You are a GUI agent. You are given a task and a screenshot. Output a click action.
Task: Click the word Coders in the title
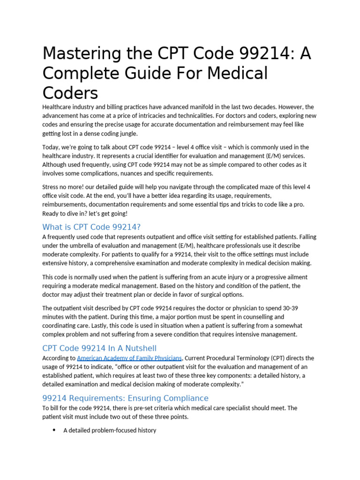point(70,92)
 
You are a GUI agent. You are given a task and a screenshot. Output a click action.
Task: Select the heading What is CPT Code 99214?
point(91,227)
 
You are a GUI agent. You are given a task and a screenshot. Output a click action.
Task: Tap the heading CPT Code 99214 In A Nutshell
point(99,348)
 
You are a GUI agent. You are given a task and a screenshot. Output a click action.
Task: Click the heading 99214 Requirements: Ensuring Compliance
point(125,398)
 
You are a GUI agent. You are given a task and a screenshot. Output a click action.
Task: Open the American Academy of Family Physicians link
point(129,358)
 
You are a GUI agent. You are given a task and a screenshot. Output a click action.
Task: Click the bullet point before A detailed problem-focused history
point(54,430)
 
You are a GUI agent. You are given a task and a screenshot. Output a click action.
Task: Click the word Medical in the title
point(239,74)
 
